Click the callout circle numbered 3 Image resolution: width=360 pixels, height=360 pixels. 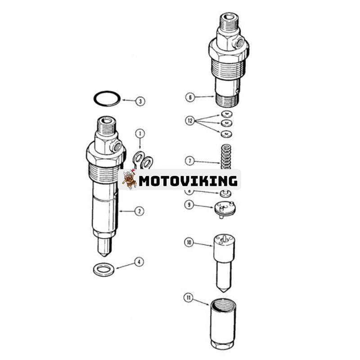[x=141, y=102]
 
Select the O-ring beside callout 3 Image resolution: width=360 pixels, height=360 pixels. [x=107, y=98]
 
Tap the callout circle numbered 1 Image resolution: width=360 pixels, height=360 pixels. [x=140, y=134]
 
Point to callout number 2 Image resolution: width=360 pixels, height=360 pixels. [x=139, y=211]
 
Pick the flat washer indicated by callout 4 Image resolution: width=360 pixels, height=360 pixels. [x=103, y=270]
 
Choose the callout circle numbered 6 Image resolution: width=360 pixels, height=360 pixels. [x=189, y=97]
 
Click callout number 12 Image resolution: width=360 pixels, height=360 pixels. [x=189, y=121]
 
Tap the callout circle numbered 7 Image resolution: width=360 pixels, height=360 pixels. [x=189, y=160]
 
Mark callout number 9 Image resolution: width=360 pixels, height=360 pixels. [x=189, y=205]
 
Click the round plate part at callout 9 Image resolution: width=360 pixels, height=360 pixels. [x=225, y=208]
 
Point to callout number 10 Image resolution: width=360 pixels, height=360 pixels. [x=189, y=243]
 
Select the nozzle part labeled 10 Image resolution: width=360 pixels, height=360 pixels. [x=224, y=261]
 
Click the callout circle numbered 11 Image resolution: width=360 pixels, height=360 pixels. [x=189, y=297]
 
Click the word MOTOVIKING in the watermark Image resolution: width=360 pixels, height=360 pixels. [x=188, y=181]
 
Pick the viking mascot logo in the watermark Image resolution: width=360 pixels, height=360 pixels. [x=129, y=179]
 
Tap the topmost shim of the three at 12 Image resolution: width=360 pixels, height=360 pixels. [x=226, y=114]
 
